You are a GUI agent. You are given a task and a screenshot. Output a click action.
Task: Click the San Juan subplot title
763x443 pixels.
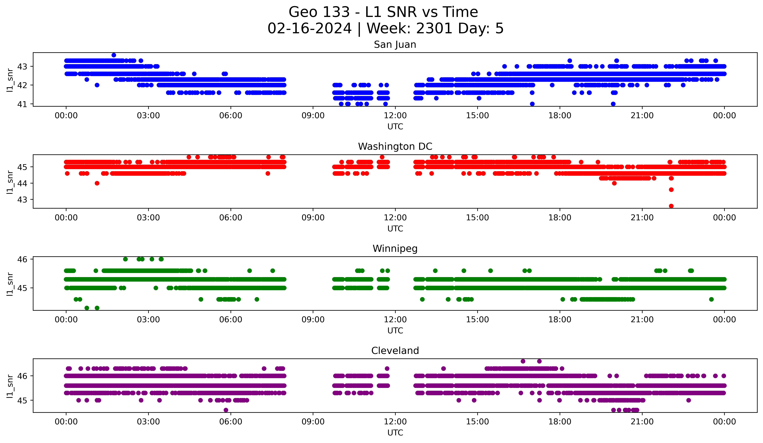tap(395, 45)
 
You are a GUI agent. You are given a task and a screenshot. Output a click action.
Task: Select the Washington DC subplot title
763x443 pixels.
tap(395, 146)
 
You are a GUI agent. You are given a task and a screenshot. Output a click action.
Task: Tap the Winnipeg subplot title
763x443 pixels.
tap(395, 249)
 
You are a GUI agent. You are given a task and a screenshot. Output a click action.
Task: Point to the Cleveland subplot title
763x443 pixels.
tap(395, 351)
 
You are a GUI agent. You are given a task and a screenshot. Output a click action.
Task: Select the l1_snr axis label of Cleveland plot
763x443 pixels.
tap(10, 386)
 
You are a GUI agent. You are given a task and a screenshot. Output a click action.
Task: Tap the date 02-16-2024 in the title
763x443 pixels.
tap(309, 28)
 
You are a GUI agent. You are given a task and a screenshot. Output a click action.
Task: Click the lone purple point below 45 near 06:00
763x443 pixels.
tap(226, 410)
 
